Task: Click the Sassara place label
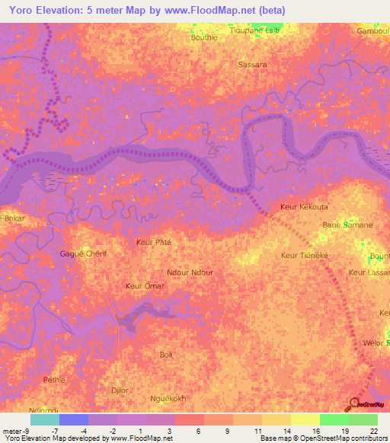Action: [252, 65]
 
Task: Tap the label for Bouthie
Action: [204, 37]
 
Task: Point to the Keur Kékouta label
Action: [304, 207]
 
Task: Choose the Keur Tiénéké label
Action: [304, 256]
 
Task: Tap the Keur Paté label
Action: [153, 242]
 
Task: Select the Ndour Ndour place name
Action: [190, 272]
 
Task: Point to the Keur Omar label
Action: [144, 286]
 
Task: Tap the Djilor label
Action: [120, 390]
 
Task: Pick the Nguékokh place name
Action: [169, 398]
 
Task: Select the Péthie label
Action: [55, 379]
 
